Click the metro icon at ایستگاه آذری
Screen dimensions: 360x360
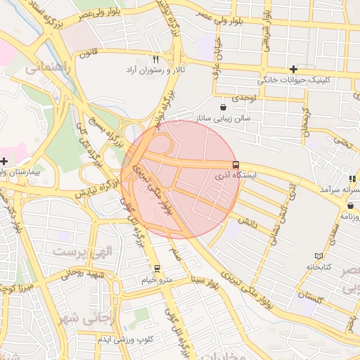[235, 165]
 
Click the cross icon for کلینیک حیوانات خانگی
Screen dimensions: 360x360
[293, 69]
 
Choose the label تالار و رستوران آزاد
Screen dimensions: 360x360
[155, 71]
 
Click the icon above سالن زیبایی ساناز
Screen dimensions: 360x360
[223, 107]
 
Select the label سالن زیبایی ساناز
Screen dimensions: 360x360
[223, 118]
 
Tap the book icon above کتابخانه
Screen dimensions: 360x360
[320, 255]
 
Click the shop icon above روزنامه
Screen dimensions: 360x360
[349, 205]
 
